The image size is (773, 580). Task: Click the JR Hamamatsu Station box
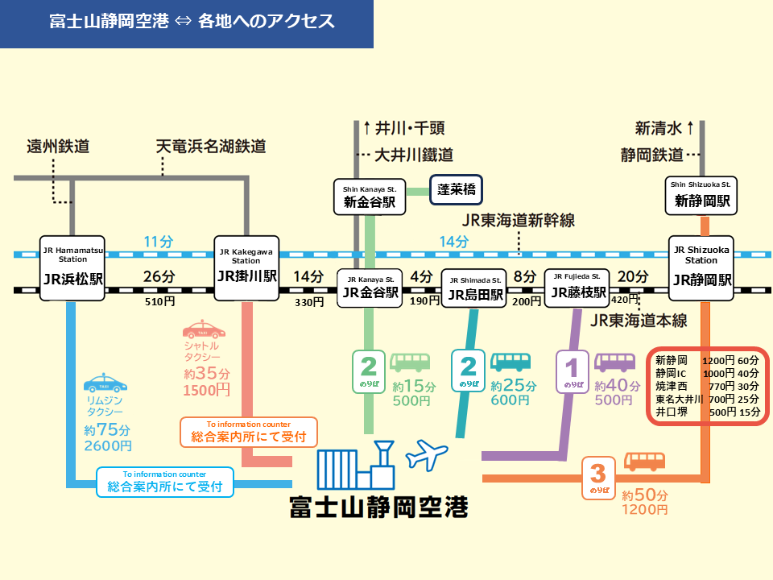pyautogui.click(x=73, y=268)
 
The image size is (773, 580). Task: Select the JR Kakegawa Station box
pyautogui.click(x=246, y=268)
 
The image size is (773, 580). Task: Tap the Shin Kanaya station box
pyautogui.click(x=370, y=196)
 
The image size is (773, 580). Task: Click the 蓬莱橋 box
pyautogui.click(x=455, y=191)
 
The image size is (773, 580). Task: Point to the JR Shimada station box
pyautogui.click(x=474, y=288)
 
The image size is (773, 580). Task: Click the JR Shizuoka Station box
pyautogui.click(x=701, y=268)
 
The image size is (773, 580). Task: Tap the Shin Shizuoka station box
pyautogui.click(x=702, y=196)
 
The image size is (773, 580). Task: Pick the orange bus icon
pyautogui.click(x=644, y=462)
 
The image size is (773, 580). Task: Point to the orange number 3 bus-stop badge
pyautogui.click(x=598, y=476)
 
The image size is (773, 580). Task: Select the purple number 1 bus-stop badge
pyautogui.click(x=573, y=373)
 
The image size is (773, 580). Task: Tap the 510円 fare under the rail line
pyautogui.click(x=159, y=302)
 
